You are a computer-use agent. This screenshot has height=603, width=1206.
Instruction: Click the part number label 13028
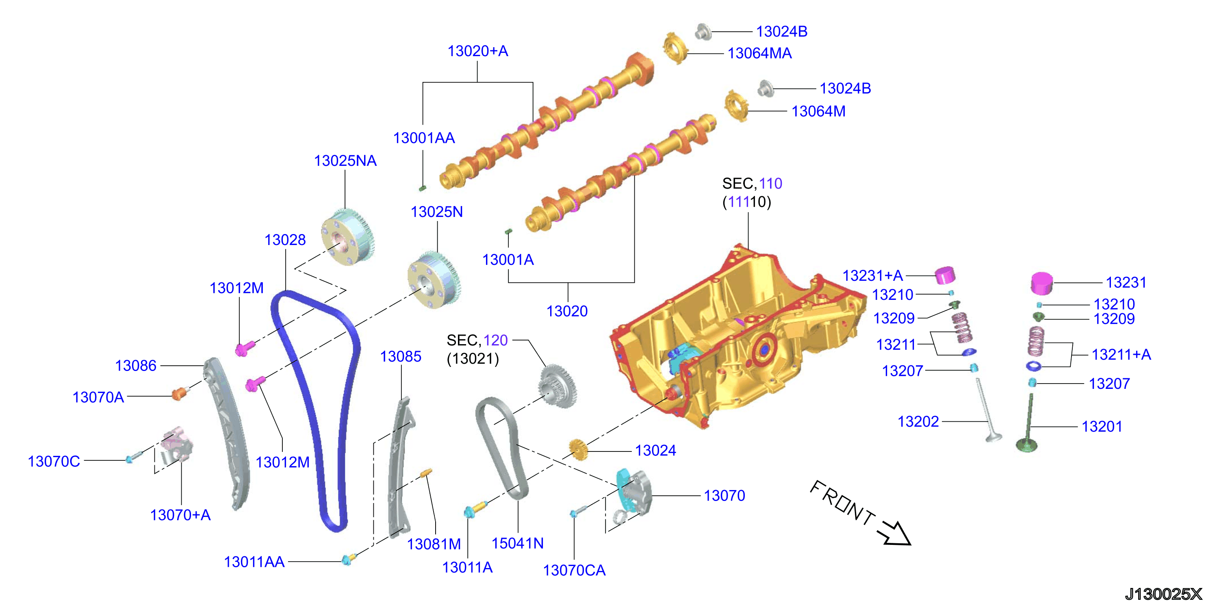tap(285, 240)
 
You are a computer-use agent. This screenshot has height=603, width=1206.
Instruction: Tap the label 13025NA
tap(345, 161)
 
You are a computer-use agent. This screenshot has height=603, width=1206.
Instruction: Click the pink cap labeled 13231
tap(1042, 284)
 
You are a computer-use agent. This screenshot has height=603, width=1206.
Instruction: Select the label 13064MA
tap(759, 53)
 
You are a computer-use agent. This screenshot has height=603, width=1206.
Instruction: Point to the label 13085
tap(401, 356)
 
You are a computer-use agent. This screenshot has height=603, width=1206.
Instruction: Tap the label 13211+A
tap(1121, 354)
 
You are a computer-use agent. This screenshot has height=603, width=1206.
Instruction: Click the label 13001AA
tap(424, 138)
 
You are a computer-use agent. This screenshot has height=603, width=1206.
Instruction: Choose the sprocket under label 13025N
tap(434, 280)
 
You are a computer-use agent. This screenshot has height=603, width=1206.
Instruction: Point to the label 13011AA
tap(254, 562)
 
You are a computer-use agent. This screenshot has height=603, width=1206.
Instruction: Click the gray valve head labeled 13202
tap(993, 437)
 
